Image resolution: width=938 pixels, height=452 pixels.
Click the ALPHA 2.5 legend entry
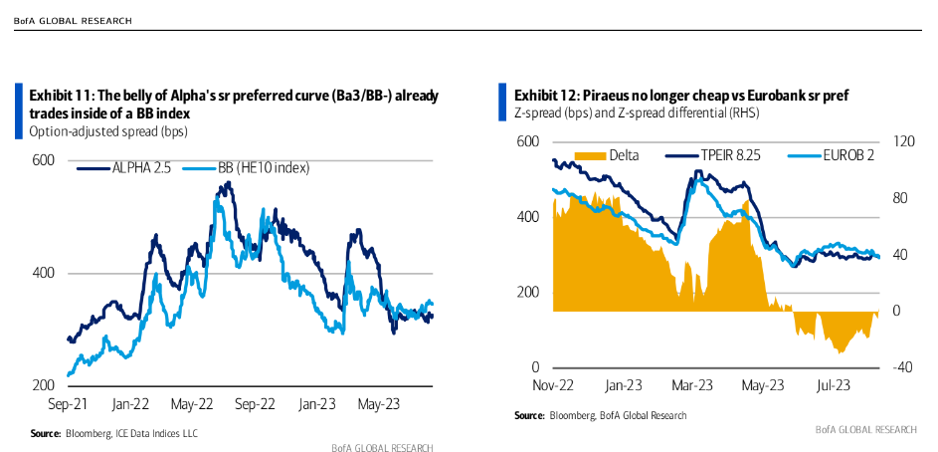pos(129,169)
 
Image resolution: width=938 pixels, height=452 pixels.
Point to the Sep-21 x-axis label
pos(69,404)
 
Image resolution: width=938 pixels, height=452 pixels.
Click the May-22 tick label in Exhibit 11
pos(193,404)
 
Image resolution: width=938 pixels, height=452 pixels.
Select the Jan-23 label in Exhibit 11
pos(317,404)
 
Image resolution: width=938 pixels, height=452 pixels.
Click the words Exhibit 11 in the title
pos(61,96)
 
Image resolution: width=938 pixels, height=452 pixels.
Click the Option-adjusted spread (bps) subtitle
pos(109,131)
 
